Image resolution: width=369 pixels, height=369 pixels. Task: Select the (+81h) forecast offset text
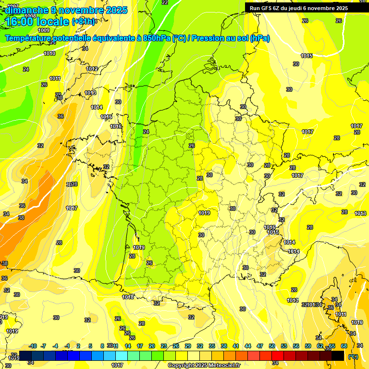coord(83,22)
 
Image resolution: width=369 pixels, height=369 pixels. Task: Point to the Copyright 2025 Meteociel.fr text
coord(204,366)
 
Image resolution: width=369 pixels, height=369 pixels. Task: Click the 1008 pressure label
coord(30,16)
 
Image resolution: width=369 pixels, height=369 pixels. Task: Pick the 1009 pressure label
coord(44,44)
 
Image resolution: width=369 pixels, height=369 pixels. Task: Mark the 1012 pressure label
coord(92,69)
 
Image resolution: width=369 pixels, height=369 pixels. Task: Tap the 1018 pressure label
coord(128,297)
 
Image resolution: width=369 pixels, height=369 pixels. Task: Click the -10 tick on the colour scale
coord(33,346)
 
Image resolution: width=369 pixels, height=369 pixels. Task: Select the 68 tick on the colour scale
coord(344,346)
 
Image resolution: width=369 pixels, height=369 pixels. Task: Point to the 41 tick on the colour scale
coord(236,346)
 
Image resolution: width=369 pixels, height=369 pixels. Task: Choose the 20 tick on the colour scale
coord(152,346)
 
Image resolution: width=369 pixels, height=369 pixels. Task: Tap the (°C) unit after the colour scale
coord(353,357)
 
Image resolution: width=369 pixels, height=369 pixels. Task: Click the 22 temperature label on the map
coord(165,2)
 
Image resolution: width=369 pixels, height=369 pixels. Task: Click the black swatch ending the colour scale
coord(338,356)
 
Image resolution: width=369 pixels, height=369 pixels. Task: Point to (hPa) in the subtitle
coord(260,38)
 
